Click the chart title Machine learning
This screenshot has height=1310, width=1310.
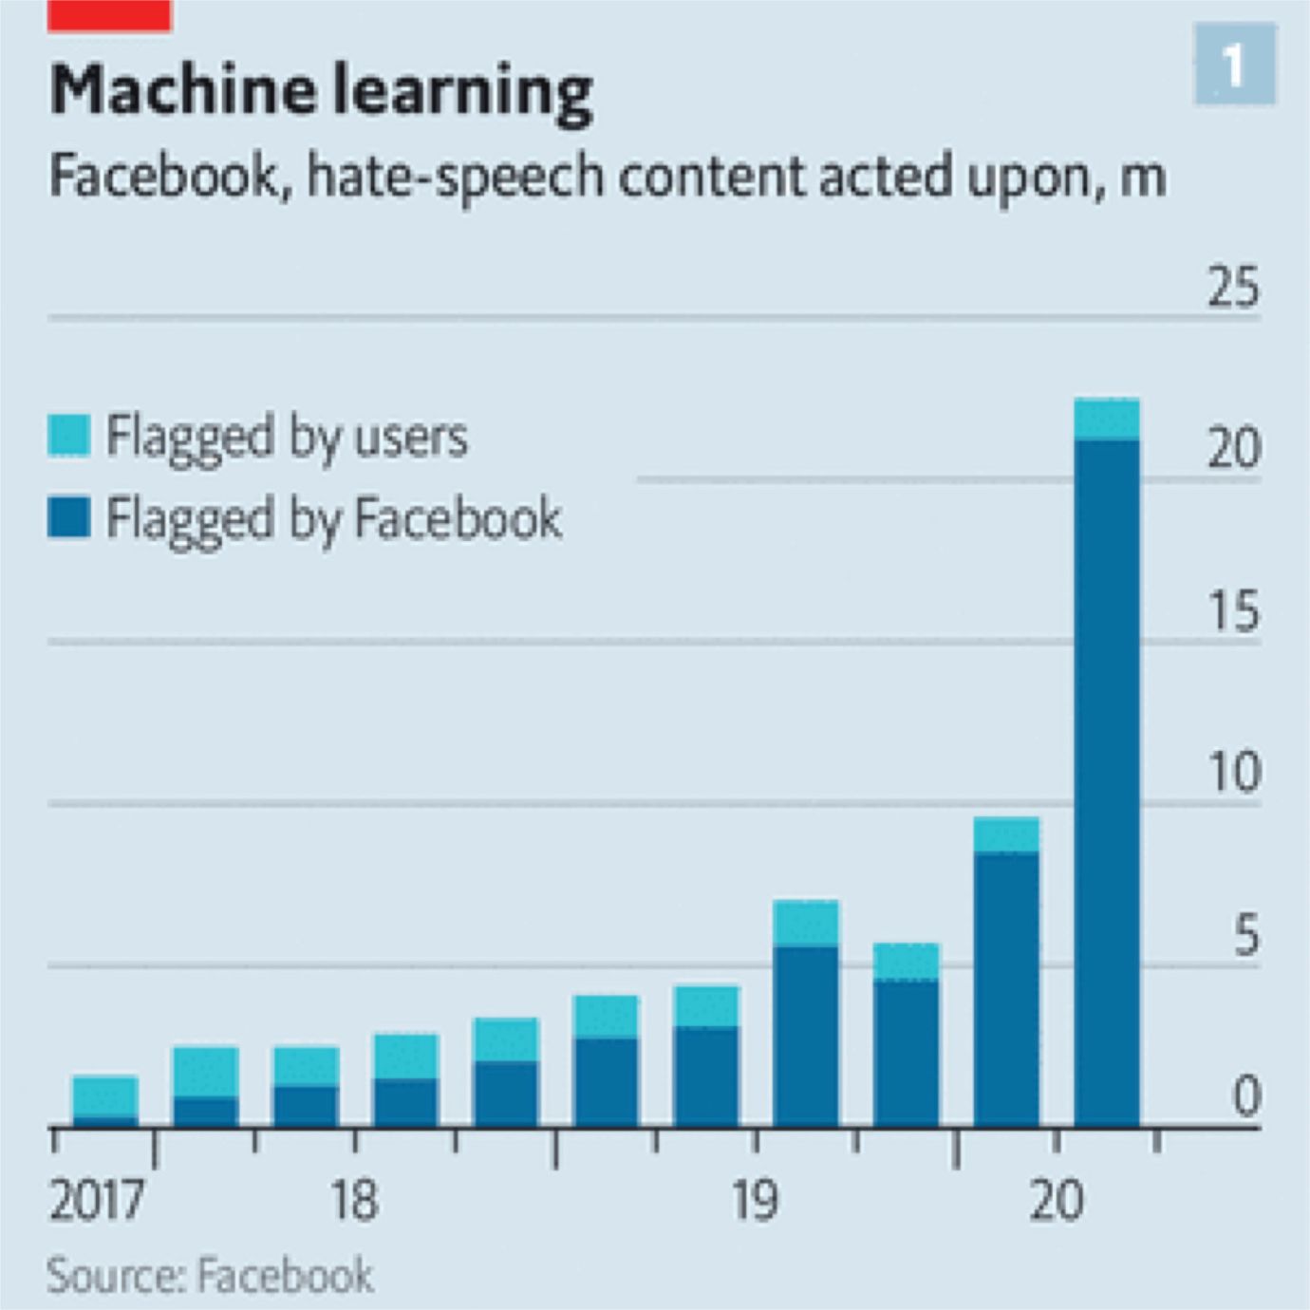point(321,91)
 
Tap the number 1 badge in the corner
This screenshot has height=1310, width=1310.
point(1234,65)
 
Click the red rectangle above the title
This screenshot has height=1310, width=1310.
point(109,16)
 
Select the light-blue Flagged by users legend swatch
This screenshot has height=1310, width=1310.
point(69,436)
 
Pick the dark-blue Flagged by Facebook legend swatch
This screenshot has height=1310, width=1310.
point(69,517)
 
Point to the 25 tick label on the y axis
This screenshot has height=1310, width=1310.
point(1233,286)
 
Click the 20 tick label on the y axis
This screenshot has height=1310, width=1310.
point(1233,448)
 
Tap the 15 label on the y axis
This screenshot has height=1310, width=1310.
point(1233,610)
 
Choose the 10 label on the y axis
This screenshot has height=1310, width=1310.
point(1233,773)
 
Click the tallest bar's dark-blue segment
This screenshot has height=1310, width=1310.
point(1107,778)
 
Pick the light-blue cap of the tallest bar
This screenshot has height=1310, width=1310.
point(1107,420)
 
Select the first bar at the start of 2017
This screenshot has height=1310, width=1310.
point(105,1101)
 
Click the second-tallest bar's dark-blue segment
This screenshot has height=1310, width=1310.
point(1006,987)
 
